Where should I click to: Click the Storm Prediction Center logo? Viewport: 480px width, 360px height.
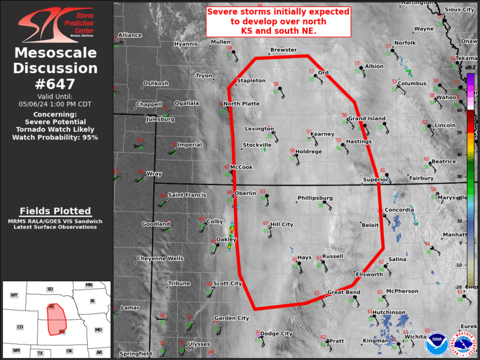tap(56, 24)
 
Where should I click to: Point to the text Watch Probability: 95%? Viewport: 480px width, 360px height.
tap(56, 137)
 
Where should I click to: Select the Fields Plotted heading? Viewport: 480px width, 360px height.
tap(55, 211)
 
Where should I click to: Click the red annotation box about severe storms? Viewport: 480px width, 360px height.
tap(279, 21)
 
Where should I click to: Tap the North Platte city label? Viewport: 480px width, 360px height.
tap(241, 104)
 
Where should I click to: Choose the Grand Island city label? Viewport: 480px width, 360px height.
tap(366, 119)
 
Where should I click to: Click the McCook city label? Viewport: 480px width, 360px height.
tap(241, 167)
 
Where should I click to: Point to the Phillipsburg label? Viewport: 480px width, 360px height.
tap(316, 198)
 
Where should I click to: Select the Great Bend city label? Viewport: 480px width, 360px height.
tap(344, 292)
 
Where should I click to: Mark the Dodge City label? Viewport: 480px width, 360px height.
tap(276, 333)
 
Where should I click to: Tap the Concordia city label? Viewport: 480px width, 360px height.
tap(399, 210)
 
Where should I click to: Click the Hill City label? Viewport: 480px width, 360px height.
tap(282, 224)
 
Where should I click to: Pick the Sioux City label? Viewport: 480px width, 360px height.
tap(460, 10)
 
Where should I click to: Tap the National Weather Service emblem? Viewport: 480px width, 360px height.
tap(464, 343)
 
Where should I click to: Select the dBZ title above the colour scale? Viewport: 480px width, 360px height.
tap(470, 68)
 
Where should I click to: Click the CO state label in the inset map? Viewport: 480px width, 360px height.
tap(20, 327)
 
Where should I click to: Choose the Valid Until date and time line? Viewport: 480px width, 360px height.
tap(56, 104)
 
